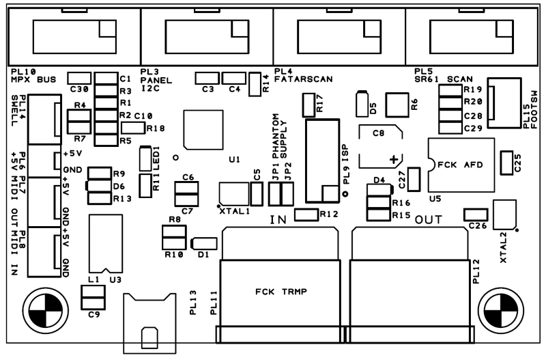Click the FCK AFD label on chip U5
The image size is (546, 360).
(460, 165)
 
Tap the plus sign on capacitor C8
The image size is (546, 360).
(394, 160)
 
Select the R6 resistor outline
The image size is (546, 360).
(397, 105)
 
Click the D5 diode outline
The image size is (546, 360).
(362, 104)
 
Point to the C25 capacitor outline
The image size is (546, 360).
(506, 163)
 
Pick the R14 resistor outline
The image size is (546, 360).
(255, 84)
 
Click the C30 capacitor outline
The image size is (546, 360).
(79, 78)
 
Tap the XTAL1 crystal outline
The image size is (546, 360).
(234, 194)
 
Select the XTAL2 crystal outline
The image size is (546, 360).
(504, 214)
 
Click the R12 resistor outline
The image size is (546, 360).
(306, 214)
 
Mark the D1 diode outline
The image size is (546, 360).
(204, 244)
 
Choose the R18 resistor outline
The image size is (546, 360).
(132, 128)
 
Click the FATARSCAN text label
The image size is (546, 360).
(303, 79)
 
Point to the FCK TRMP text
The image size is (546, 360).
(281, 291)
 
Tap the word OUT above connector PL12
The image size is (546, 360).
(429, 220)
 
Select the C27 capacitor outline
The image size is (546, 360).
(414, 179)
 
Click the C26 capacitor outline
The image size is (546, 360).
(476, 214)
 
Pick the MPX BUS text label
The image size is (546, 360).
(33, 79)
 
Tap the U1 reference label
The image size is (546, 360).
(234, 160)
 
